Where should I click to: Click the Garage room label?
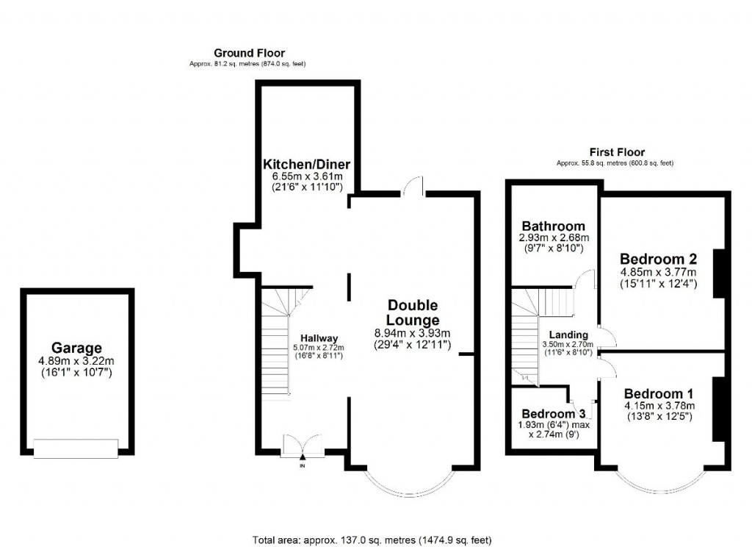pyautogui.click(x=76, y=348)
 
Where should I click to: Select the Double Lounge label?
pyautogui.click(x=413, y=312)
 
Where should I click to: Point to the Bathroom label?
pyautogui.click(x=553, y=226)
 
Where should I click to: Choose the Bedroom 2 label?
pyautogui.click(x=658, y=259)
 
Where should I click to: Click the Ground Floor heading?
pyautogui.click(x=249, y=53)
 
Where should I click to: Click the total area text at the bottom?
pyautogui.click(x=372, y=540)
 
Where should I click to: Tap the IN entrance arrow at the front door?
pyautogui.click(x=302, y=458)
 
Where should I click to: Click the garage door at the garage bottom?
pyautogui.click(x=76, y=448)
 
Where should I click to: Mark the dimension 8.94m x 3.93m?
pyautogui.click(x=413, y=332)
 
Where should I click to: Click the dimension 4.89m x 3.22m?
pyautogui.click(x=76, y=361)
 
